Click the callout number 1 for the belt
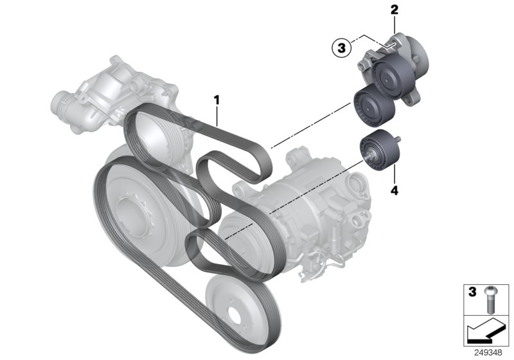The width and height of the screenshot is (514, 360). click(x=217, y=100)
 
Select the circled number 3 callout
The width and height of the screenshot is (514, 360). click(x=341, y=47)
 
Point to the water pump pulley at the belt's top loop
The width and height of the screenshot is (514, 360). click(x=153, y=138)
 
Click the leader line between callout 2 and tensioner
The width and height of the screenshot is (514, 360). click(x=393, y=26)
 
